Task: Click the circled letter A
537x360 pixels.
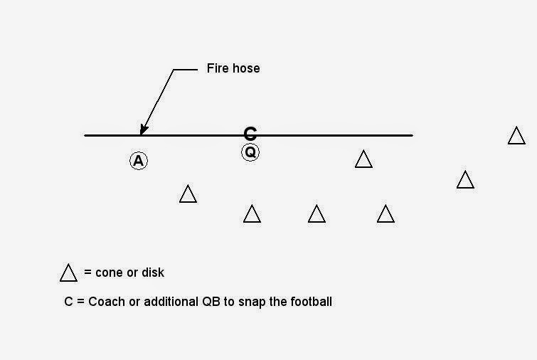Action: click(139, 161)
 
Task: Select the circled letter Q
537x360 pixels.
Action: click(250, 152)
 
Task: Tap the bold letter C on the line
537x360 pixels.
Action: click(250, 133)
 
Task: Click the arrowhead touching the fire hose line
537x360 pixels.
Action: click(143, 129)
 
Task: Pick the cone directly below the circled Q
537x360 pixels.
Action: click(252, 214)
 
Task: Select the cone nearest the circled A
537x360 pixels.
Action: click(188, 194)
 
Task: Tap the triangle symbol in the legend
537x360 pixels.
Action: click(68, 273)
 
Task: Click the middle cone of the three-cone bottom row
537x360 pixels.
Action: click(317, 214)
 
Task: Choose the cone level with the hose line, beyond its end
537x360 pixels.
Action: click(516, 136)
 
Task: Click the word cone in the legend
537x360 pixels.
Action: click(109, 272)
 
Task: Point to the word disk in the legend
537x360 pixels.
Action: click(152, 272)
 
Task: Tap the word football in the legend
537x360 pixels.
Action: click(310, 302)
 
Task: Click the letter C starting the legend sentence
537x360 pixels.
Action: click(68, 302)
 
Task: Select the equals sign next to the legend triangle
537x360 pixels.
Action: click(87, 273)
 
